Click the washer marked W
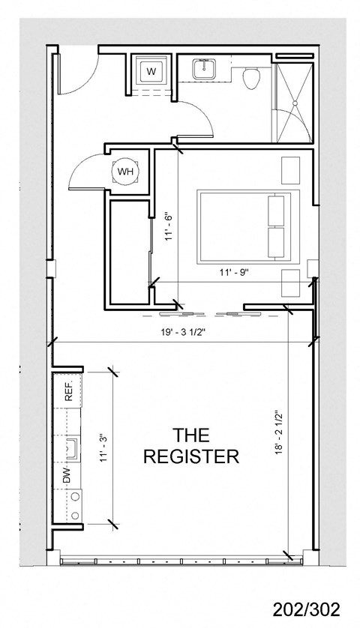[x=151, y=72]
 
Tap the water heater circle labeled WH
[x=124, y=172]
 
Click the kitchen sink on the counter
[x=73, y=448]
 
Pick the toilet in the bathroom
[x=253, y=76]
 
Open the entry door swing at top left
[x=75, y=73]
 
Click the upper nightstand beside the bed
[x=289, y=170]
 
